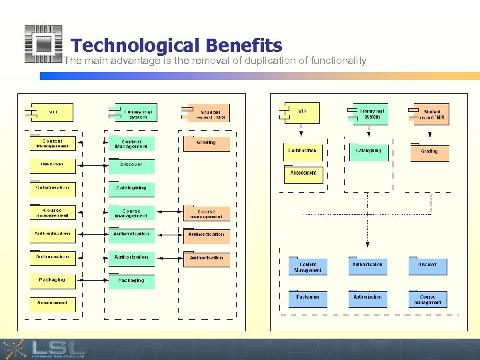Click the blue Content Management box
(x=307, y=267)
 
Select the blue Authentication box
(x=367, y=267)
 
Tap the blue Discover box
(x=427, y=267)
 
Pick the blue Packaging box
(x=307, y=299)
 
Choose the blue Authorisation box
(x=367, y=299)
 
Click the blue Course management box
(x=427, y=299)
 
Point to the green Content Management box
(x=131, y=144)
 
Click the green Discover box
(x=131, y=165)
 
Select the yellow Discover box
(x=52, y=164)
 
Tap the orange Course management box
(x=206, y=214)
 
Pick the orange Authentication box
(x=206, y=235)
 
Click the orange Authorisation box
(x=206, y=259)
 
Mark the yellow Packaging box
(x=52, y=281)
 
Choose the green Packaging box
(x=131, y=281)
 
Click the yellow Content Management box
(x=52, y=143)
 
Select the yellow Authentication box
(x=52, y=234)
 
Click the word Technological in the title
(x=135, y=45)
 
